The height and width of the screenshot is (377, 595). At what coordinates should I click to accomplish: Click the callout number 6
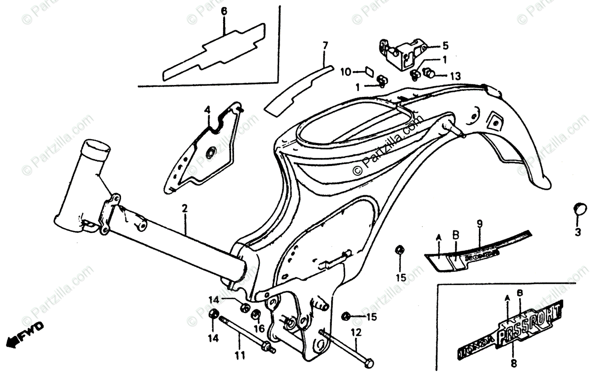[224, 11]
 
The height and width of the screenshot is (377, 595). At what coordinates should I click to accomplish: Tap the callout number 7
[325, 46]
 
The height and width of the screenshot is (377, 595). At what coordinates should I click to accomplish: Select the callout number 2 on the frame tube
[184, 209]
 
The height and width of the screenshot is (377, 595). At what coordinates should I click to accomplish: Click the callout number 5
[445, 46]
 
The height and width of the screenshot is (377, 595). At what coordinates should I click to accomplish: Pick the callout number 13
[455, 76]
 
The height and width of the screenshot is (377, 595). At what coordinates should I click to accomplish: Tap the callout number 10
[346, 72]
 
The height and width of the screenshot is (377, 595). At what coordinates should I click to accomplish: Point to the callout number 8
[513, 363]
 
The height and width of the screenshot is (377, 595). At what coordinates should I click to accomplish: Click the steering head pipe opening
[97, 147]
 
